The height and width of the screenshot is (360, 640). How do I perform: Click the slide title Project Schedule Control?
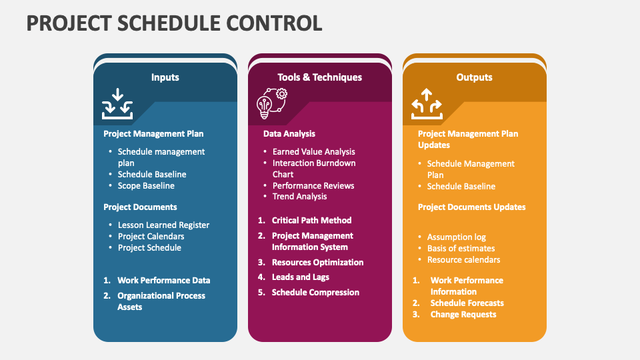(x=174, y=23)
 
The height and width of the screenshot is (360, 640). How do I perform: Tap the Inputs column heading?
(x=165, y=77)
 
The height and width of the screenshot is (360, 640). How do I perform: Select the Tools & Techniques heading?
(x=319, y=77)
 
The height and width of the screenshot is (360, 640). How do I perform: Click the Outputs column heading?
(x=474, y=77)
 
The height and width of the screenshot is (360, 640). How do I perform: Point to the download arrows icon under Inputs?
(x=117, y=104)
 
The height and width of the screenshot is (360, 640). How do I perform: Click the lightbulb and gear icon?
(x=272, y=104)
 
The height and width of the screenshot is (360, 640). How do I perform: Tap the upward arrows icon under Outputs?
(x=427, y=104)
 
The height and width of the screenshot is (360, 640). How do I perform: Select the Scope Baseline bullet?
(x=146, y=186)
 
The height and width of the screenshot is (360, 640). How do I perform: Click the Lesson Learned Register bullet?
(x=163, y=225)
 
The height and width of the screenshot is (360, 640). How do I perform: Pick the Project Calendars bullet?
(x=151, y=236)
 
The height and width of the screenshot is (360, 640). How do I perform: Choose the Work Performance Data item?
(x=164, y=281)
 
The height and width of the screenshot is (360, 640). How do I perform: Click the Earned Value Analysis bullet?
(x=313, y=152)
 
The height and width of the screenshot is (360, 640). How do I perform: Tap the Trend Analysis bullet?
(x=299, y=196)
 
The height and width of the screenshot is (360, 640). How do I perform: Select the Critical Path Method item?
(x=311, y=221)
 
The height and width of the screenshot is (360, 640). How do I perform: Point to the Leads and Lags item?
(x=301, y=277)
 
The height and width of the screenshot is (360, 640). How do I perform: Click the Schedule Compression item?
(x=315, y=292)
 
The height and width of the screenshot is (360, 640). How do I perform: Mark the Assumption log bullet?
(x=456, y=237)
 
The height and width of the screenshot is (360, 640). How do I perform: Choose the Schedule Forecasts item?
(x=467, y=303)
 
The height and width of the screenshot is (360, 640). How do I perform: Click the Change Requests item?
(x=463, y=314)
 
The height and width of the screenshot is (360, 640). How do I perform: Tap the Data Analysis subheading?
(x=289, y=134)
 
